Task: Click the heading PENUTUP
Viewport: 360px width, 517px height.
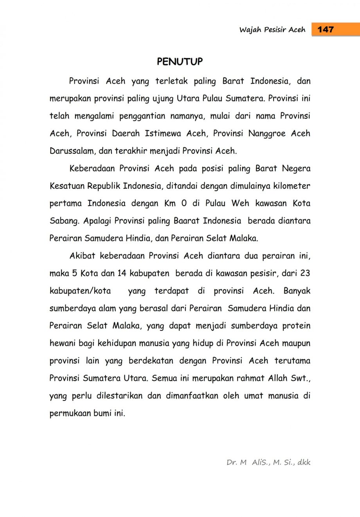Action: point(180,62)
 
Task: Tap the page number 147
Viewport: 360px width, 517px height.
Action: point(326,29)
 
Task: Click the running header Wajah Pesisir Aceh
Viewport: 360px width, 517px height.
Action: point(272,30)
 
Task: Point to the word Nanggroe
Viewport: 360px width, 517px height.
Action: point(267,133)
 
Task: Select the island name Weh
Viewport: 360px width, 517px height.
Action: point(240,203)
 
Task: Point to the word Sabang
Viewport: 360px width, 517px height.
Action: point(65,221)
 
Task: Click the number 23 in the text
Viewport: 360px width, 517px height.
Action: point(305,273)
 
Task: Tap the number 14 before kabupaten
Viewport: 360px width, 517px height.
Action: point(122,273)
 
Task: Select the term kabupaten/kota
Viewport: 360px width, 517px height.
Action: point(80,291)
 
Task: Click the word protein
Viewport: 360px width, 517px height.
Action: point(296,326)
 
